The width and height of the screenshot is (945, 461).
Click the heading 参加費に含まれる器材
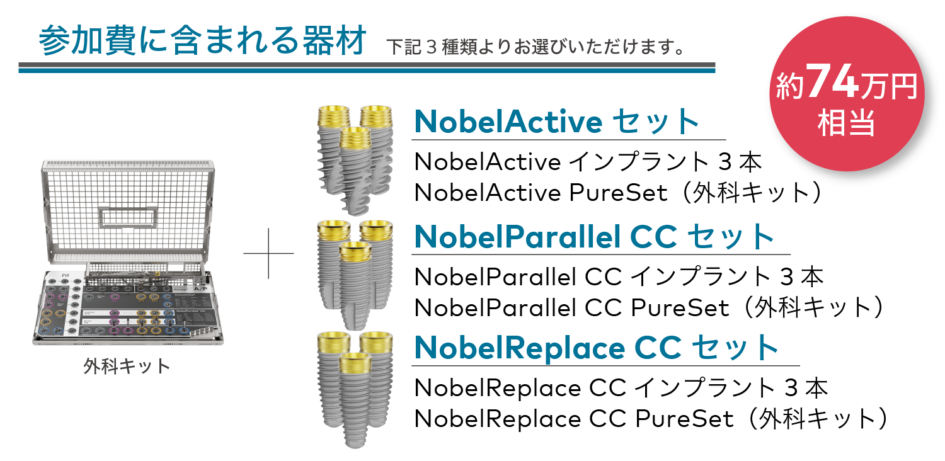click(x=202, y=42)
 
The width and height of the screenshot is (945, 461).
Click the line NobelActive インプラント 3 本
click(x=588, y=162)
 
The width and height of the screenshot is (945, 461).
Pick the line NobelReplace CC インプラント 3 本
click(x=621, y=388)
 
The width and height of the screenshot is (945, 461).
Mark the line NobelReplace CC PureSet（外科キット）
click(x=651, y=418)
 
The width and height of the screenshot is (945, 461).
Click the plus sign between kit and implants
click(x=268, y=254)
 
